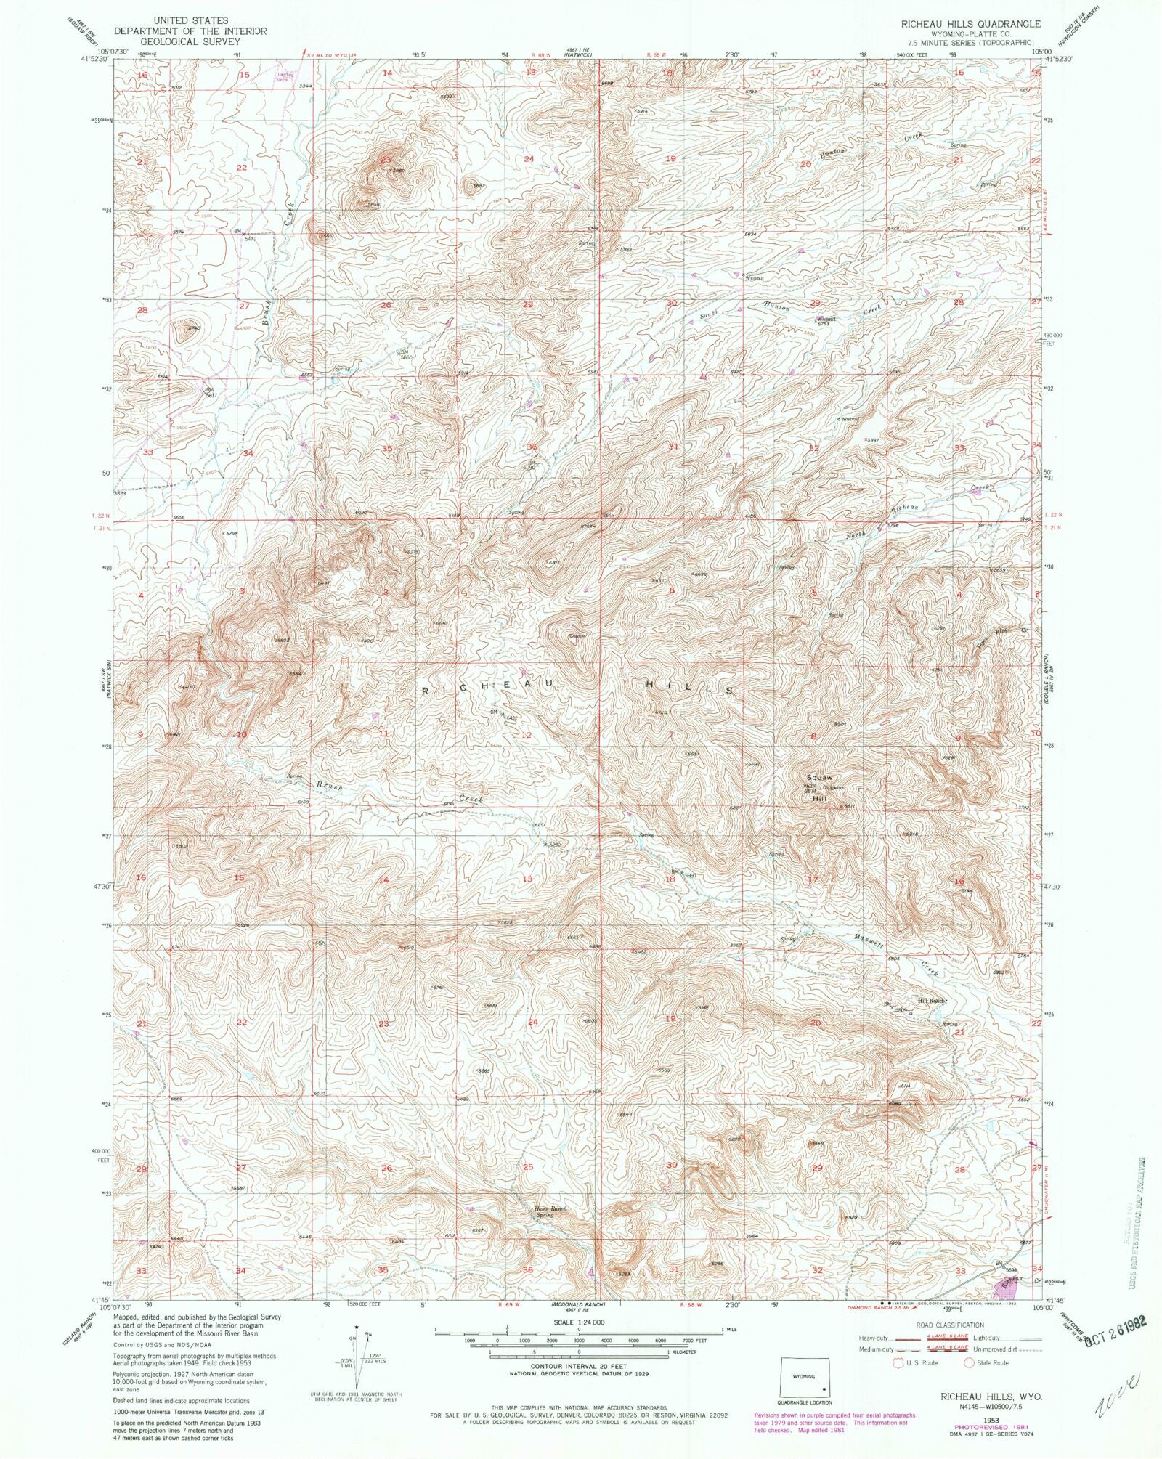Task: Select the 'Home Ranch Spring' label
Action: click(550, 1211)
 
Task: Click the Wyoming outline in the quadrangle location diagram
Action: click(804, 1377)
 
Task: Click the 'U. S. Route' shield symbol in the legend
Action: click(899, 1363)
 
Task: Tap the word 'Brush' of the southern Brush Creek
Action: click(328, 787)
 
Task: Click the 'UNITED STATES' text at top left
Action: click(190, 20)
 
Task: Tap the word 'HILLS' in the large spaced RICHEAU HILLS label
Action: click(690, 687)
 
